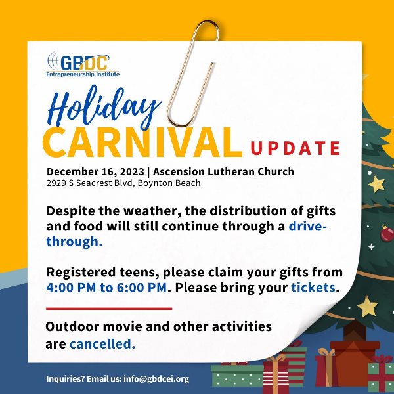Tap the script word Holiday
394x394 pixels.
click(104, 108)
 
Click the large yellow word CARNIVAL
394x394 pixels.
click(142, 142)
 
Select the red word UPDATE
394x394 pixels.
click(295, 148)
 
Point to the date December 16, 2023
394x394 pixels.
click(95, 172)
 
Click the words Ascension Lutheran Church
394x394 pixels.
click(223, 171)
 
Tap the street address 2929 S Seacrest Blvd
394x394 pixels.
click(89, 183)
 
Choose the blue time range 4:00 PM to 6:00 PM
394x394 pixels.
click(106, 288)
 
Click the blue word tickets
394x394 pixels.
click(313, 288)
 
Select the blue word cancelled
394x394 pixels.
click(102, 344)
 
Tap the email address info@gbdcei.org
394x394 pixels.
click(156, 379)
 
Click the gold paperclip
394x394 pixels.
click(193, 73)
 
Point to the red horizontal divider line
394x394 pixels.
click(109, 309)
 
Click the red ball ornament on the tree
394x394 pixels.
click(387, 233)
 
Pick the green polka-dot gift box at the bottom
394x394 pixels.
click(237, 376)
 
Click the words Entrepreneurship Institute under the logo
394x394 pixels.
click(83, 74)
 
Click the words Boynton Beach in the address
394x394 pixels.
click(169, 183)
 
